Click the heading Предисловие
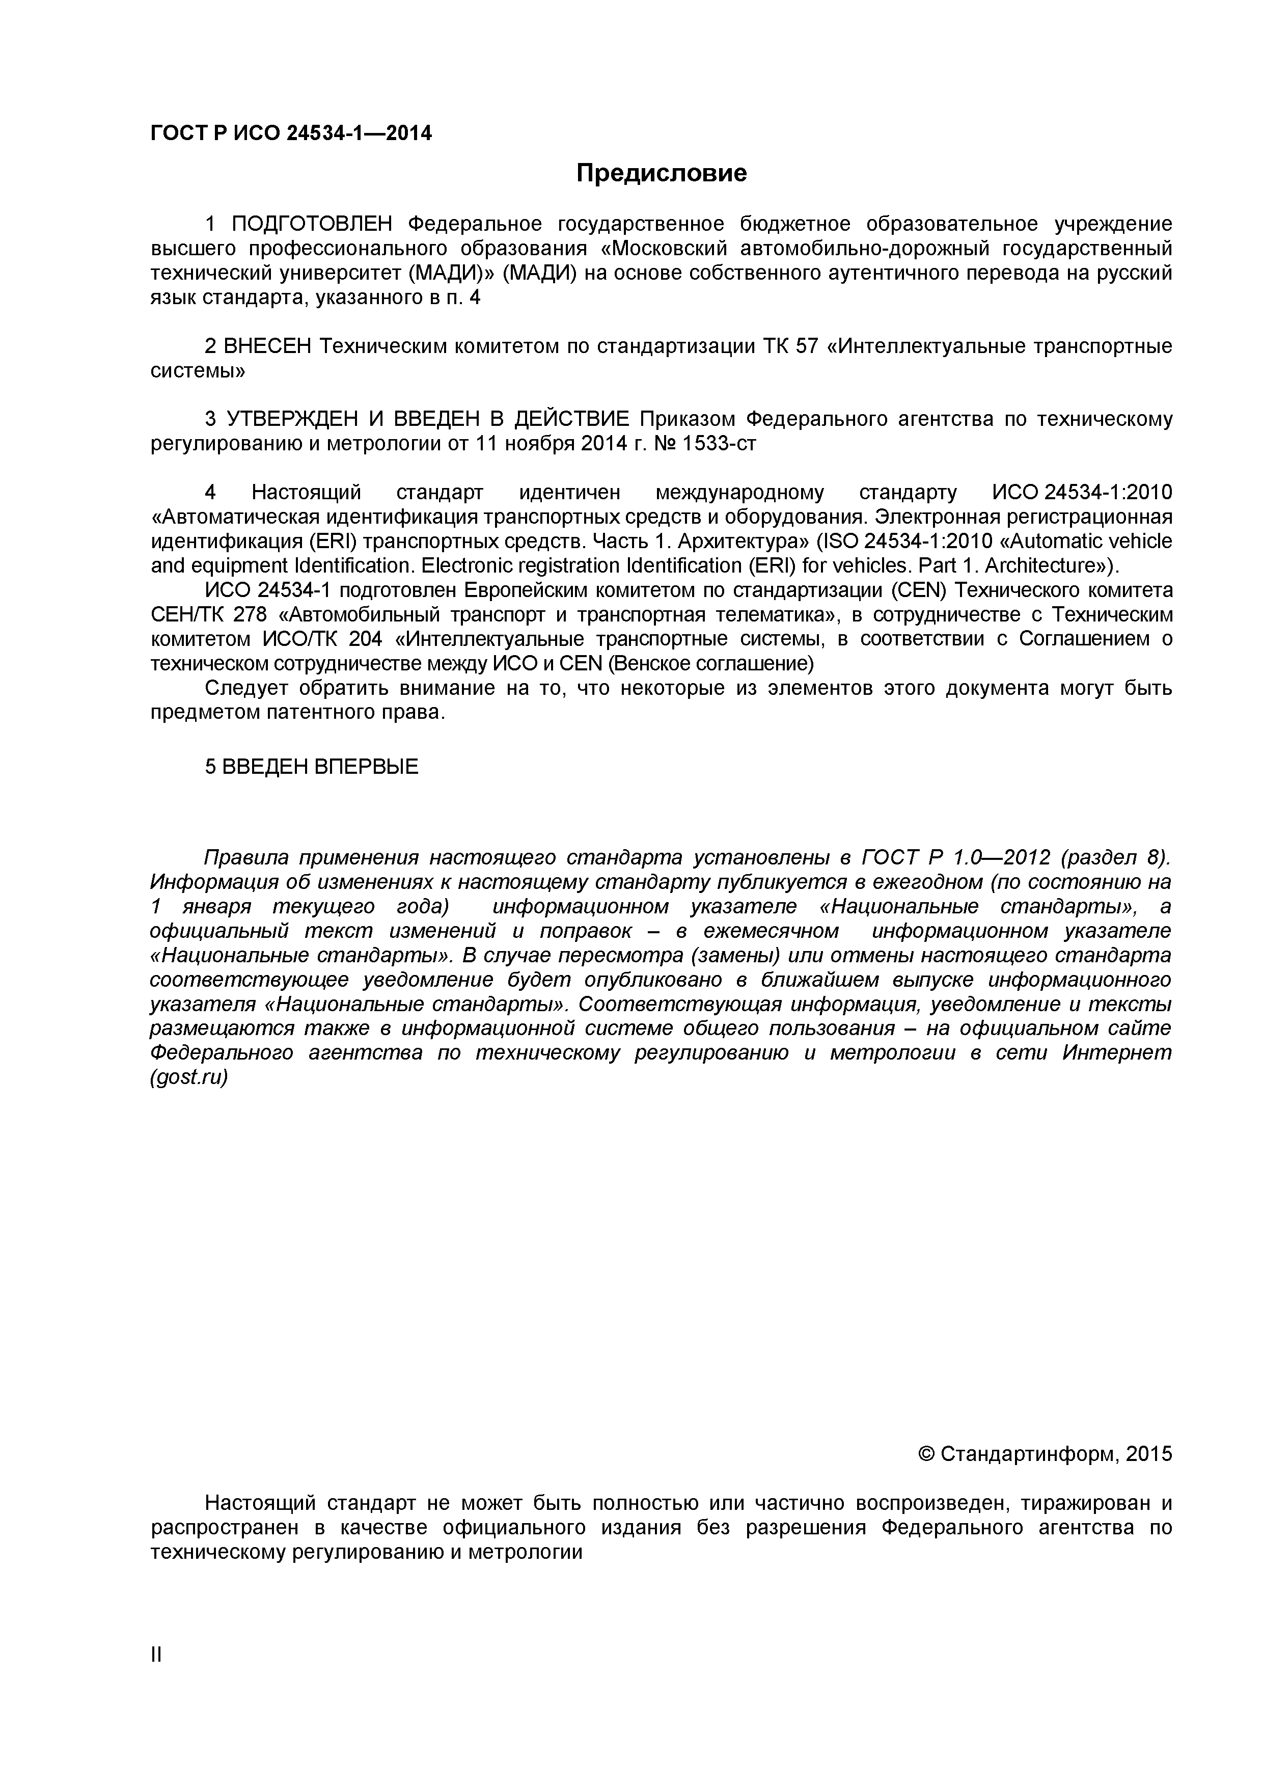click(662, 173)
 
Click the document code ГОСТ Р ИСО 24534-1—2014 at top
click(290, 134)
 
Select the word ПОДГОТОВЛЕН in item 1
click(314, 224)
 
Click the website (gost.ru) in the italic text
click(189, 1078)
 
